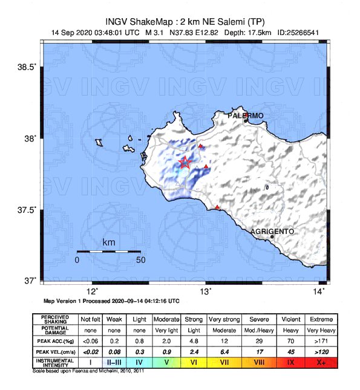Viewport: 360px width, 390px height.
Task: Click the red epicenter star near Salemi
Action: [186, 162]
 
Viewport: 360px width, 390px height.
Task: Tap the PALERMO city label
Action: [246, 115]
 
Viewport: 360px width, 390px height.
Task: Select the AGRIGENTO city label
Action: [272, 231]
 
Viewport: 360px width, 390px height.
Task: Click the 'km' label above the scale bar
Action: [109, 242]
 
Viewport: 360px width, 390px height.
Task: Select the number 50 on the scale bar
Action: [140, 260]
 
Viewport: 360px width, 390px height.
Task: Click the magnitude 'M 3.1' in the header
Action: [155, 33]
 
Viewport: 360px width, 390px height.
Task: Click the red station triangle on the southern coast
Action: [218, 207]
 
